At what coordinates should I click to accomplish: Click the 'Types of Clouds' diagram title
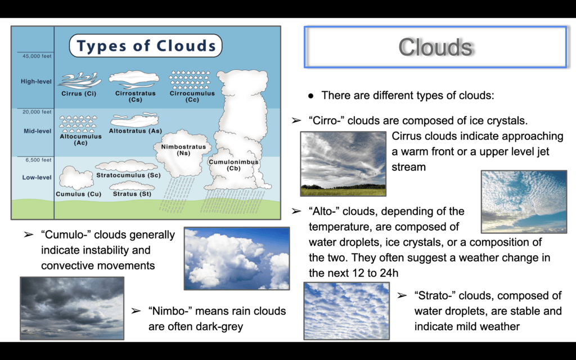pos(146,46)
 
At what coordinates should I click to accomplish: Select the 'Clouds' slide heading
pos(435,47)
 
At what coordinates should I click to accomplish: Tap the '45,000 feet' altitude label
pos(37,56)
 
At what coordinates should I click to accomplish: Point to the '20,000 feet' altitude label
pos(37,112)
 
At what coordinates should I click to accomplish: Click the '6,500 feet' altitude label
pos(39,160)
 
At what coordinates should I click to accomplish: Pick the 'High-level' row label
pos(36,82)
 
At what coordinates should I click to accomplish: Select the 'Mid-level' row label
pos(38,131)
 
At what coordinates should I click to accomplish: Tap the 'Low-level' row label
pos(37,177)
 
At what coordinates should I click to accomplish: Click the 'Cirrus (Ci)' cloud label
pos(79,94)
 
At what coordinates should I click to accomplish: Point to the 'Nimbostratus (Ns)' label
pos(184,150)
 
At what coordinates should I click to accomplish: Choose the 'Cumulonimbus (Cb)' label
pos(233,165)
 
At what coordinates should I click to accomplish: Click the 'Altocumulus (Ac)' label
pos(80,139)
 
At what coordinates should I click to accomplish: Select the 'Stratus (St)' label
pos(132,194)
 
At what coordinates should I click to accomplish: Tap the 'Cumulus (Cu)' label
pos(79,194)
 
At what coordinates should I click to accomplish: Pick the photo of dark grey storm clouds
pos(72,308)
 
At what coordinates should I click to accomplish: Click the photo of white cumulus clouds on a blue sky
pos(237,259)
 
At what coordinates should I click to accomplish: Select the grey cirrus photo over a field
pos(343,164)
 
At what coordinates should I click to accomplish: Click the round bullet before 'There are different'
pos(311,96)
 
